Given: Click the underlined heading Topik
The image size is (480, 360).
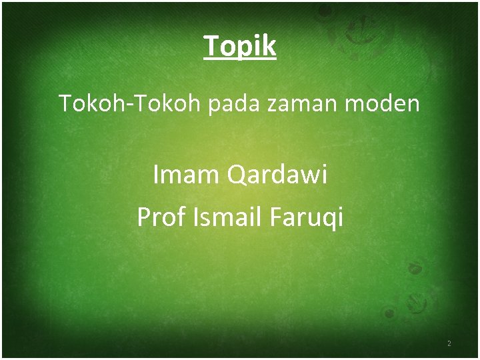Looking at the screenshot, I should click(240, 46).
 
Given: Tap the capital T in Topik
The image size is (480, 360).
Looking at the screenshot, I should click(211, 45).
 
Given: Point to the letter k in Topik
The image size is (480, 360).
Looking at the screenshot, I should click(269, 45).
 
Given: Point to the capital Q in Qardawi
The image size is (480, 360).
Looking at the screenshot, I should click(237, 176).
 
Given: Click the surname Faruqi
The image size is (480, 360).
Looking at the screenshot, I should click(309, 217).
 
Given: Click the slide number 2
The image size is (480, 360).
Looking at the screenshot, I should click(449, 344).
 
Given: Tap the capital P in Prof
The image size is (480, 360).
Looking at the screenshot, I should click(143, 217).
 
